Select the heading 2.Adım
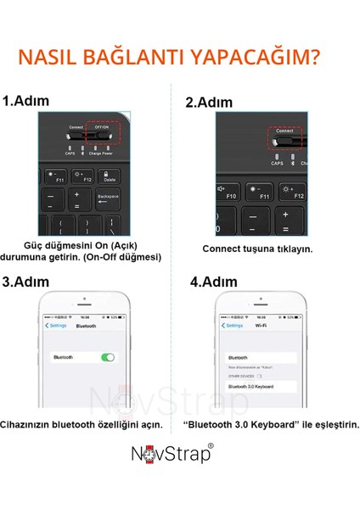tap(209, 103)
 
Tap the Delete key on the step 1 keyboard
tap(109, 176)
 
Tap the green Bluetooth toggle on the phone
tap(107, 357)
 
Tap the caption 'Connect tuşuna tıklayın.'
tap(256, 249)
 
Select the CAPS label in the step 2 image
tap(276, 163)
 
